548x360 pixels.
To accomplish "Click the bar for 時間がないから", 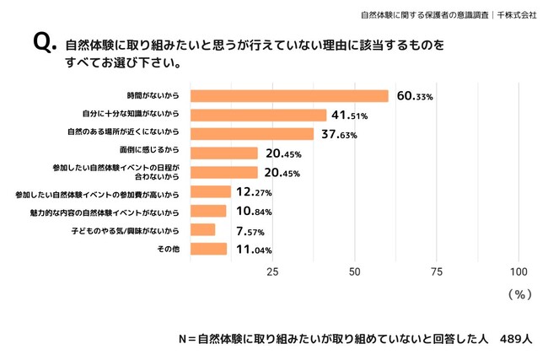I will tap(289, 96).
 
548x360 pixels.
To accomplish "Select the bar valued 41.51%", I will tap(258, 115).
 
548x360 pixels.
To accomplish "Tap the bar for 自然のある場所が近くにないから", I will tap(252, 134).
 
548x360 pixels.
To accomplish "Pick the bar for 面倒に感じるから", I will tap(224, 153).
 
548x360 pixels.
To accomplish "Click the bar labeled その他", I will tap(208, 249).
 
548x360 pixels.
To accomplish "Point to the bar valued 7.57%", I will tap(203, 229).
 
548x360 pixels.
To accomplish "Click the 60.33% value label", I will tap(414, 96).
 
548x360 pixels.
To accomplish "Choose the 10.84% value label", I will tap(250, 211).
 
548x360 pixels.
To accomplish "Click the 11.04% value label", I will tap(251, 249).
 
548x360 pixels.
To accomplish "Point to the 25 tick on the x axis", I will tap(272, 272).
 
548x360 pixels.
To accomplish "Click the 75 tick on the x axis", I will tap(437, 272).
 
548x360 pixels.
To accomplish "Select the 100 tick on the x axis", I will tap(518, 272).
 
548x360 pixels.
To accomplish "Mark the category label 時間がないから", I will tap(158, 96).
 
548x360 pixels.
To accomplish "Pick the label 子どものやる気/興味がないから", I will tap(126, 229).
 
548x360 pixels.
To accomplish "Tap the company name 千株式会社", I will tap(517, 14).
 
